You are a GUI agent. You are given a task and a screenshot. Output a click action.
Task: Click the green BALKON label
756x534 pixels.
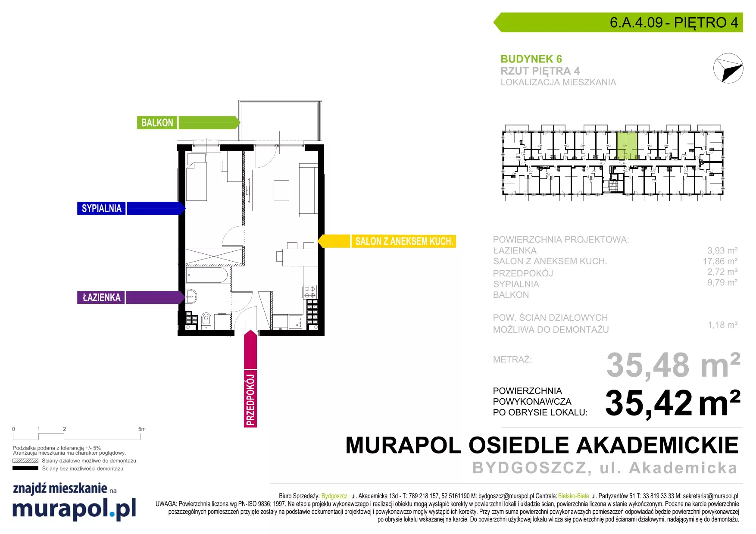pyautogui.click(x=157, y=123)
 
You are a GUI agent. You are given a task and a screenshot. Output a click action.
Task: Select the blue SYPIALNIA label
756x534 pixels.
pyautogui.click(x=102, y=209)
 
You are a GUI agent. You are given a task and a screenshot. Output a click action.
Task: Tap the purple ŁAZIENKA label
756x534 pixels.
pyautogui.click(x=101, y=297)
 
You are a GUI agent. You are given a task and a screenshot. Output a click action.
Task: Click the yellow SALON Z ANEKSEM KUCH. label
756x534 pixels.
pyautogui.click(x=404, y=241)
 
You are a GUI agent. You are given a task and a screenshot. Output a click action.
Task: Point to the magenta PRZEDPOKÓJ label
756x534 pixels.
pyautogui.click(x=250, y=399)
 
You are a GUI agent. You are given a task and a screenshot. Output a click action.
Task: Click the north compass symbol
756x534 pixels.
pyautogui.click(x=728, y=68)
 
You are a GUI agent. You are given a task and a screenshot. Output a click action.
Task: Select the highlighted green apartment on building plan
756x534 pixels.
pyautogui.click(x=627, y=146)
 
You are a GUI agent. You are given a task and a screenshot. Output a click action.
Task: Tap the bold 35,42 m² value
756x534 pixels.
pyautogui.click(x=673, y=403)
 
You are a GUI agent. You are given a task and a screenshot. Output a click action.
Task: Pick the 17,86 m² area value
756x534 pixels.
pyautogui.click(x=720, y=261)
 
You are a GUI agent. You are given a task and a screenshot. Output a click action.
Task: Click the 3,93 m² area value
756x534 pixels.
pyautogui.click(x=722, y=250)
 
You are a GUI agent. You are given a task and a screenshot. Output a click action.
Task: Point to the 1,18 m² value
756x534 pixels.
pyautogui.click(x=722, y=325)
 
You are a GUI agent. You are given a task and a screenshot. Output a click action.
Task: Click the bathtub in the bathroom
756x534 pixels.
pyautogui.click(x=207, y=275)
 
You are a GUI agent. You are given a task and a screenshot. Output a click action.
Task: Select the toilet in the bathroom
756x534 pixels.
pyautogui.click(x=206, y=321)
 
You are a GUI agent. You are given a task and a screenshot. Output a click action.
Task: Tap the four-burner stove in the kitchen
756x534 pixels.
pyautogui.click(x=310, y=292)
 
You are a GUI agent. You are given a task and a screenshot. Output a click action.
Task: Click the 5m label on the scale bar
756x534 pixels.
pyautogui.click(x=142, y=429)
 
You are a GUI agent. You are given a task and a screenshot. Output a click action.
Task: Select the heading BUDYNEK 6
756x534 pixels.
pyautogui.click(x=531, y=59)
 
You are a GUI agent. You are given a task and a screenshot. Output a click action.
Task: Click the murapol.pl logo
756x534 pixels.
pyautogui.click(x=74, y=509)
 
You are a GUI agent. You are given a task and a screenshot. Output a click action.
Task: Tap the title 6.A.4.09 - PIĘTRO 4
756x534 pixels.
pyautogui.click(x=674, y=22)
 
